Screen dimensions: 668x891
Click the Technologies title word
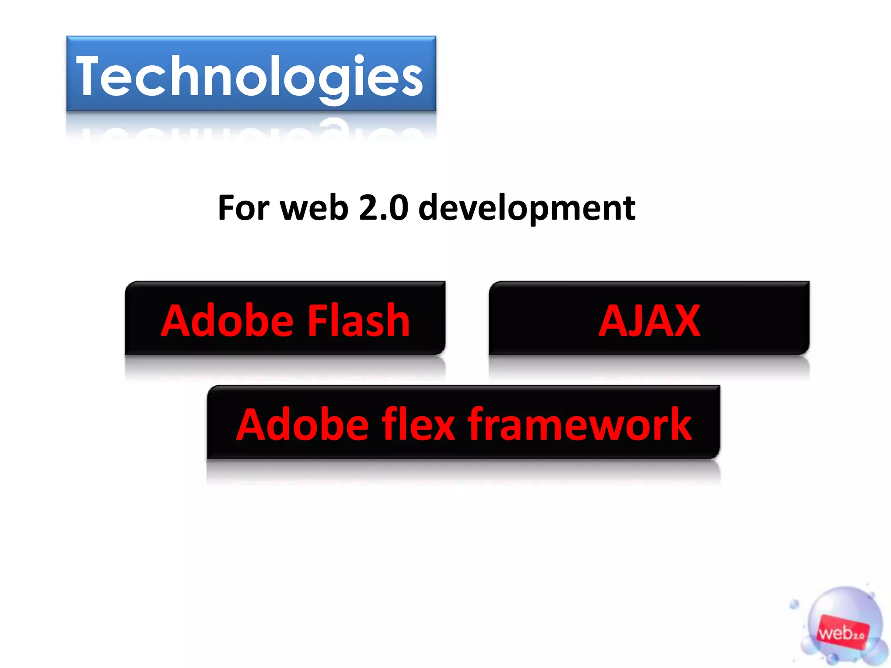pos(250,77)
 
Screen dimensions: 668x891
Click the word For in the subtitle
pos(244,208)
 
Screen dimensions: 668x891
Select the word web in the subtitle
pos(315,208)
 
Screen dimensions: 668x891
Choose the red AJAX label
pos(649,321)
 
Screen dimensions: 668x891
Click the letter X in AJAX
pos(683,321)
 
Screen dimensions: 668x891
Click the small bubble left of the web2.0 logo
pos(794,604)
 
